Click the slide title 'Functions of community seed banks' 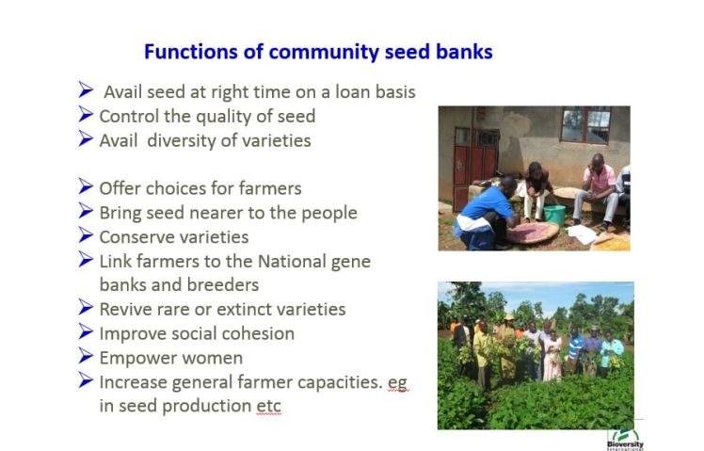tap(317, 52)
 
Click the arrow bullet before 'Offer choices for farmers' tap(86, 187)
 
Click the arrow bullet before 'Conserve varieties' tap(86, 236)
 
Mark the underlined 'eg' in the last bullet tap(396, 382)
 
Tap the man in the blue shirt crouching tap(484, 211)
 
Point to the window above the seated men tap(585, 123)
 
